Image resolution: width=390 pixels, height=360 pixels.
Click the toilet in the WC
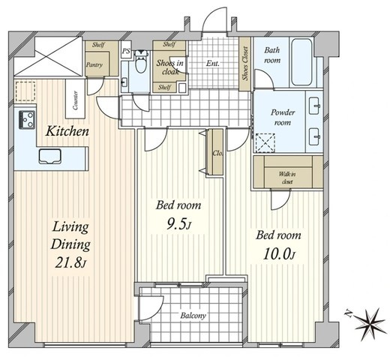pyautogui.click(x=140, y=61)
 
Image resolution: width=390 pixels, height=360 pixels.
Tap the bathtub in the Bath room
pyautogui.click(x=301, y=61)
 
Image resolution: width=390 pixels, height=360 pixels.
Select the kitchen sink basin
pyautogui.click(x=50, y=157)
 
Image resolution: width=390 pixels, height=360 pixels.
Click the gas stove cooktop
pyautogui.click(x=27, y=120)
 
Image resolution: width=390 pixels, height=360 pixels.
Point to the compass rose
pyautogui.click(x=368, y=323)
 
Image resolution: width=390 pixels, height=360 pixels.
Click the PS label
pyautogui.click(x=126, y=51)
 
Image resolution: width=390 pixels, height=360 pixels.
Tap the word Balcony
pyautogui.click(x=193, y=316)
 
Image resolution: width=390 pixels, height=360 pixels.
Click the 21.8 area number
pyautogui.click(x=70, y=263)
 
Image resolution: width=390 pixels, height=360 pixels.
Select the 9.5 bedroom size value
pyautogui.click(x=178, y=224)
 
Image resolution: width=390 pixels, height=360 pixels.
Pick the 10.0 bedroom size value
pyautogui.click(x=279, y=254)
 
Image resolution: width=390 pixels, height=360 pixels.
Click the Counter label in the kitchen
pyautogui.click(x=75, y=100)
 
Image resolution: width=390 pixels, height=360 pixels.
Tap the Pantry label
pyautogui.click(x=94, y=65)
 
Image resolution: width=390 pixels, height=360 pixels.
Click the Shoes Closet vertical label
pyautogui.click(x=245, y=64)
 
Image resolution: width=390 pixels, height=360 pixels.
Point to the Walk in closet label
pyautogui.click(x=287, y=178)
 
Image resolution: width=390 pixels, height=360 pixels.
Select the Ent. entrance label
pyautogui.click(x=213, y=64)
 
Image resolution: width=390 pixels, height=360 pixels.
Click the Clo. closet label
pyautogui.click(x=217, y=153)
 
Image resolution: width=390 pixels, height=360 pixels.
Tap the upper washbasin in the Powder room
pyautogui.click(x=314, y=106)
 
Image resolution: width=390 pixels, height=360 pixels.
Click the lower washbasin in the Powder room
pyautogui.click(x=314, y=136)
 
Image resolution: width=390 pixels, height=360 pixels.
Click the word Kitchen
pyautogui.click(x=67, y=131)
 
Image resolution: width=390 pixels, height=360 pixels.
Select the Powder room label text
pyautogui.click(x=283, y=117)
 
